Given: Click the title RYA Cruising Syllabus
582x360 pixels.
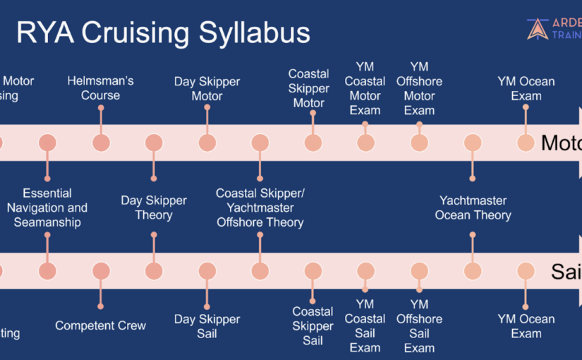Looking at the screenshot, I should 163,33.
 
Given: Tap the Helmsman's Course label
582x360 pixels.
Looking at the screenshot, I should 100,88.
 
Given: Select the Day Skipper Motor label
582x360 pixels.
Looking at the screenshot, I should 207,88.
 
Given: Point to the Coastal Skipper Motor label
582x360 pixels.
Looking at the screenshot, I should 308,88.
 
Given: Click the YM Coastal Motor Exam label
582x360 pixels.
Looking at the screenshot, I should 365,88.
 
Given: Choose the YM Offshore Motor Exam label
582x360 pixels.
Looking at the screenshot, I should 419,88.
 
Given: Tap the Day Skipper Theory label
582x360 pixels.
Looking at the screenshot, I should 153,208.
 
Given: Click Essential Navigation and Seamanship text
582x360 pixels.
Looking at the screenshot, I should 47,208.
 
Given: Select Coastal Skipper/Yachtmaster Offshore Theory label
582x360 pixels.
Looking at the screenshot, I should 260,208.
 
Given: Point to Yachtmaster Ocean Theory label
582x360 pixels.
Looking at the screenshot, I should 473,208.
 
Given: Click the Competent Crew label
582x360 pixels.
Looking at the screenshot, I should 100,325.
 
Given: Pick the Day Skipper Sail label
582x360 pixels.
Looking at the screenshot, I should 207,326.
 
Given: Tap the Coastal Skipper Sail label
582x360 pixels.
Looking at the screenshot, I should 313,325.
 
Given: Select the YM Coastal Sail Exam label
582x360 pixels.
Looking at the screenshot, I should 365,325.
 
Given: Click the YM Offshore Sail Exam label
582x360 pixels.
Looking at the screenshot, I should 419,325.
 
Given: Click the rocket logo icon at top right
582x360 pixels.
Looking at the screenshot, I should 538,28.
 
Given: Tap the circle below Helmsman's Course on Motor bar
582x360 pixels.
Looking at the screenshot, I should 101,143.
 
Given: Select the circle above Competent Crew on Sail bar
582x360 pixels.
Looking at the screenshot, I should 101,271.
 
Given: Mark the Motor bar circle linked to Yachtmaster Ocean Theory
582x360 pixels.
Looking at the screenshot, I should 473,143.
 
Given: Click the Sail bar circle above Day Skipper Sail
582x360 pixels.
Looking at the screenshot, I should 207,271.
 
